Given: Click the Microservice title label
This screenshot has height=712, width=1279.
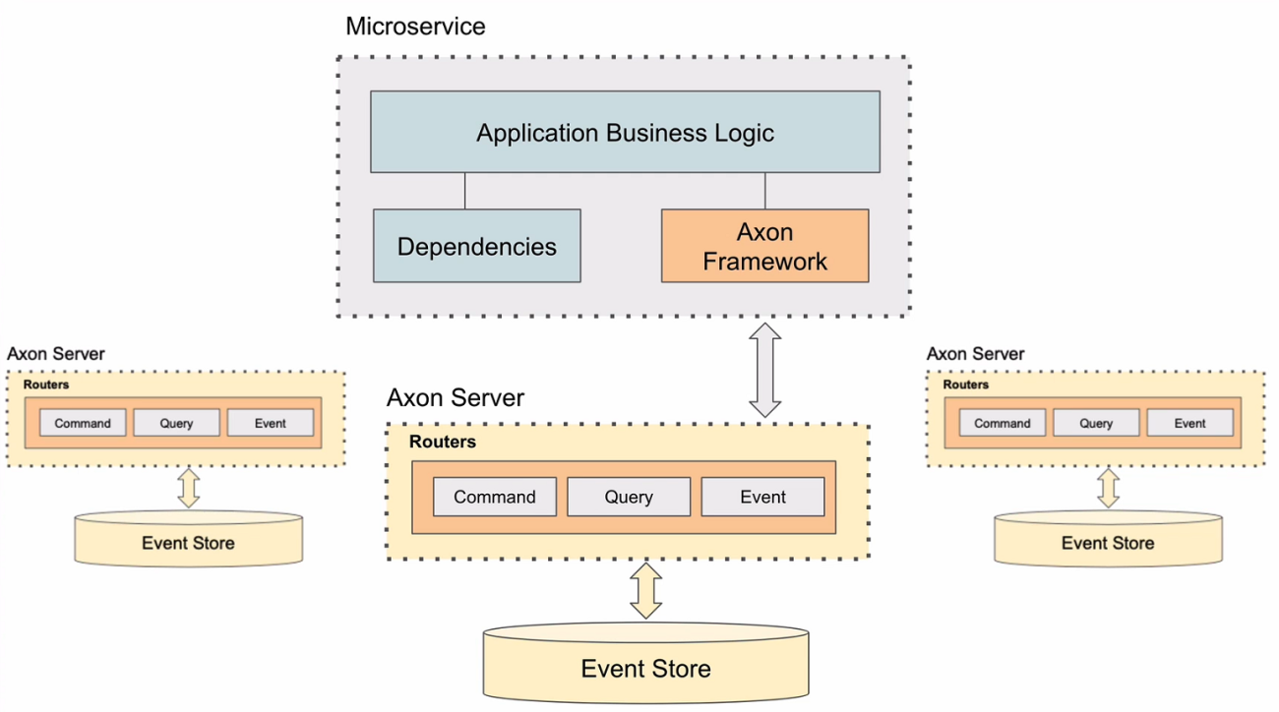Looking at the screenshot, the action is [415, 27].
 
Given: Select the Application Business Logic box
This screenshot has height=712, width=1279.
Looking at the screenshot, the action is [625, 132].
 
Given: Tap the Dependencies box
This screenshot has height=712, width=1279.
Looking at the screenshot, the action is [477, 246].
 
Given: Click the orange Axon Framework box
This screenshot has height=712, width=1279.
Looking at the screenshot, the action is [765, 246].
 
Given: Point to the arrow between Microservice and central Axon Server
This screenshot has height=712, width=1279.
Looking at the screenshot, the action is [765, 371].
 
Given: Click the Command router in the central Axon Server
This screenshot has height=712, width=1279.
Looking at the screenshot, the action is [495, 497].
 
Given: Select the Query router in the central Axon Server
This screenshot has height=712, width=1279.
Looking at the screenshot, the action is [629, 497].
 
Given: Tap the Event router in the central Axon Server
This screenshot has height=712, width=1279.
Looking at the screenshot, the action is [762, 497].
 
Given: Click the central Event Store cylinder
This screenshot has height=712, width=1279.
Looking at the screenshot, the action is [645, 663].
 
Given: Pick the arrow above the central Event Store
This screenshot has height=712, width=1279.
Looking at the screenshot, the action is [645, 591].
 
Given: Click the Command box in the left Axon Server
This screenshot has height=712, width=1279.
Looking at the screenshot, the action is [83, 423].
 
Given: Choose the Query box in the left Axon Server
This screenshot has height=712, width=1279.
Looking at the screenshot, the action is [176, 423].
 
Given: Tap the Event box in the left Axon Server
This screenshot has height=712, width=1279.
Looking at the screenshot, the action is [271, 423].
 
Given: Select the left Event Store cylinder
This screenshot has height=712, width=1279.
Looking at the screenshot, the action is [189, 539].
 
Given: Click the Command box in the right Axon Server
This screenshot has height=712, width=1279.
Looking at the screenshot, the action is [1003, 423].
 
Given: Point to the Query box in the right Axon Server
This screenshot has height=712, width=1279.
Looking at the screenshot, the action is [1096, 423].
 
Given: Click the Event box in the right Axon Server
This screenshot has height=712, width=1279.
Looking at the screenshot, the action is [1189, 423].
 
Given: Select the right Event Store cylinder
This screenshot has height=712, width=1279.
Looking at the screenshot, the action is [1108, 539].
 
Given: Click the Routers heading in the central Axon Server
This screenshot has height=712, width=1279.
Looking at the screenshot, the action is [443, 442].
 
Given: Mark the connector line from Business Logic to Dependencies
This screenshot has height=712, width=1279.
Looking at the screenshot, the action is [464, 191].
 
